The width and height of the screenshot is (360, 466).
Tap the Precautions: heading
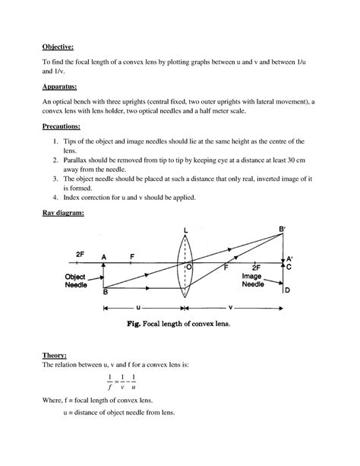click(x=55, y=127)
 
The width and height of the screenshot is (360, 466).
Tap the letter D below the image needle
click(x=287, y=290)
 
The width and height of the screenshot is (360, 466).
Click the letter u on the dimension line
click(x=138, y=309)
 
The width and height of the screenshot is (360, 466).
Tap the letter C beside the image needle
click(x=287, y=268)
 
